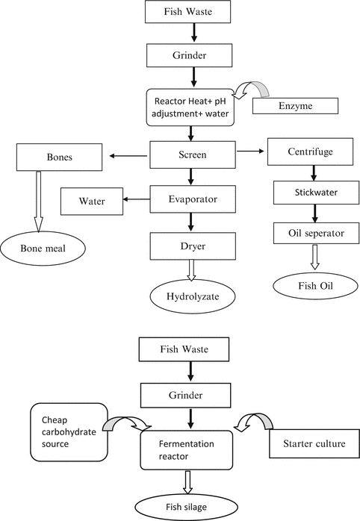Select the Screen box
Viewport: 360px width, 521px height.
[193, 156]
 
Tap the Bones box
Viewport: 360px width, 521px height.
[54, 157]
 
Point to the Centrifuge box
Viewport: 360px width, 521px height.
[308, 152]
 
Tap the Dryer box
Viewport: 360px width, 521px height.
[193, 246]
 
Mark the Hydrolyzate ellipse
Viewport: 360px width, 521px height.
[193, 296]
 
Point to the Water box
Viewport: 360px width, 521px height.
[93, 200]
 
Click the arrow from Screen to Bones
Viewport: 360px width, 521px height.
[128, 157]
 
